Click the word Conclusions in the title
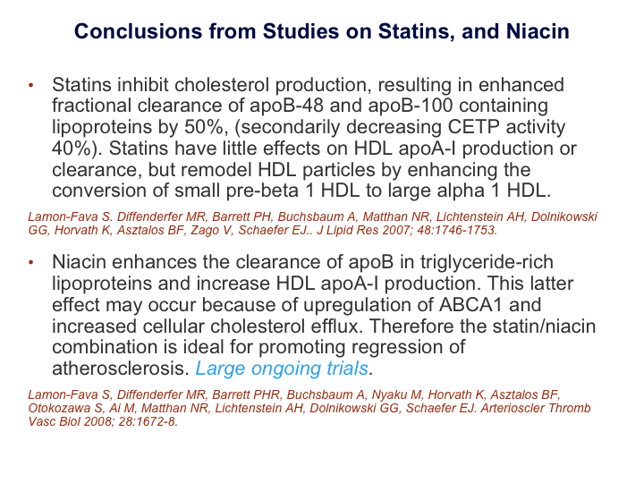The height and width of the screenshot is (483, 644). [138, 31]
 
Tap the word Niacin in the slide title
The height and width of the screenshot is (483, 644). [538, 31]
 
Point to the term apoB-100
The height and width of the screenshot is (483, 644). [411, 106]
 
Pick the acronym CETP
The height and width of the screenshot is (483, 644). [473, 127]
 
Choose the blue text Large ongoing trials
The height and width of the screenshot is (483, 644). [282, 369]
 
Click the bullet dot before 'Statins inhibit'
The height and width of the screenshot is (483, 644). [30, 85]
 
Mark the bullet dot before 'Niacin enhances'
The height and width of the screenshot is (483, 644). [30, 262]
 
